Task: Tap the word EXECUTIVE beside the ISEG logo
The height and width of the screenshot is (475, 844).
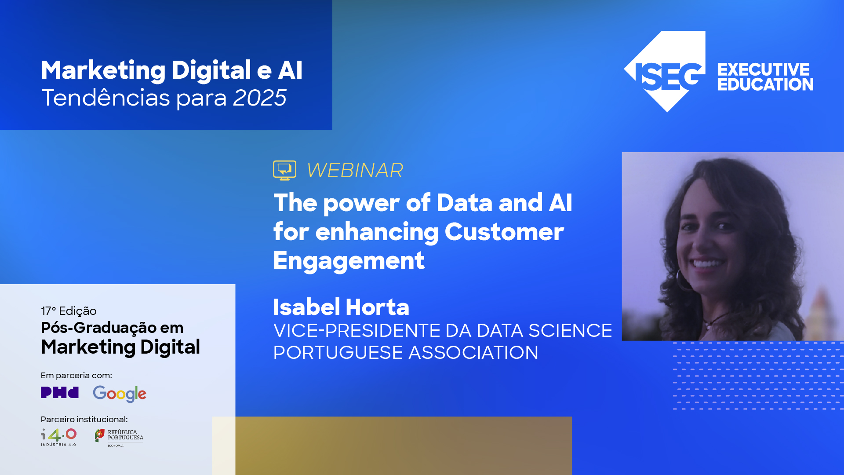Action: coord(763,69)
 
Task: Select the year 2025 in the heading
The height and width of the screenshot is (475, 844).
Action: coord(260,98)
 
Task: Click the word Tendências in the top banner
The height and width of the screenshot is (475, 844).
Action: coord(105,98)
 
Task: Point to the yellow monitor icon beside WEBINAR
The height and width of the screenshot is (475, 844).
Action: coord(284,170)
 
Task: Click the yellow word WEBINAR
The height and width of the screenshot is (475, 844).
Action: coord(355,171)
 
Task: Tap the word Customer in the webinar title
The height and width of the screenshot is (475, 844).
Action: coord(504,232)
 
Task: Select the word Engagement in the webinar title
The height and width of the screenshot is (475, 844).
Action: coord(349,261)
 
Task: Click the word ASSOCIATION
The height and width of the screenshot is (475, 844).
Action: coord(473,353)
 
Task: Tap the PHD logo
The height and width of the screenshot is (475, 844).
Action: coord(60,392)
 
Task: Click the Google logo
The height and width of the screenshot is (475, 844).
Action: coord(120,394)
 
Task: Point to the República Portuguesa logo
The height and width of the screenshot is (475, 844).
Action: coord(119,437)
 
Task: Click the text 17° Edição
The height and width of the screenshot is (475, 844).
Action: coord(69,311)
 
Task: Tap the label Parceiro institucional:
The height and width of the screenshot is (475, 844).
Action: coord(84,419)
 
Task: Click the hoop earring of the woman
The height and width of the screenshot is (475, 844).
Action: coord(683,281)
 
